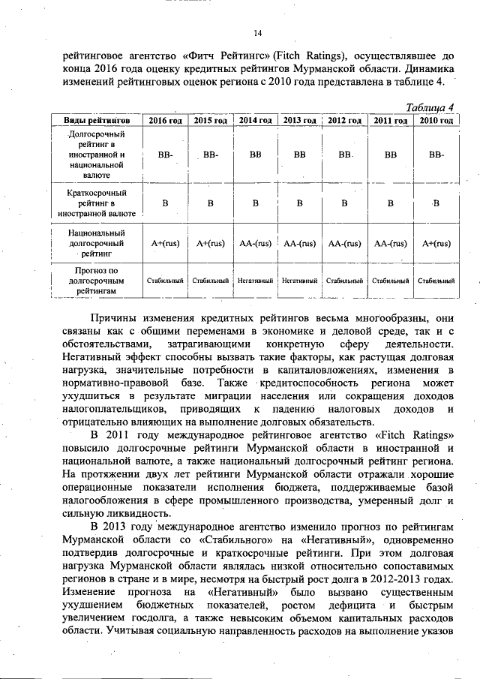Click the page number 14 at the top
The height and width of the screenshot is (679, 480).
[x=257, y=33]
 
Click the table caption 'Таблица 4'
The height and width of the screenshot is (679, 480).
[x=429, y=107]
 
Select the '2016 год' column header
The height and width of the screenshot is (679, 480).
[x=165, y=120]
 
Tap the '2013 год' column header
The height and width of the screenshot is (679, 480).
[x=299, y=120]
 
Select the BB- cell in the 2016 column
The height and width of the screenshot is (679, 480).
[x=165, y=155]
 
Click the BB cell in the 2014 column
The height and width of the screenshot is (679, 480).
[x=255, y=155]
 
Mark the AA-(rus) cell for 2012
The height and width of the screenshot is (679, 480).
[x=344, y=243]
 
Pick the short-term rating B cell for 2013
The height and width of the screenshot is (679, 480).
[x=299, y=203]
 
